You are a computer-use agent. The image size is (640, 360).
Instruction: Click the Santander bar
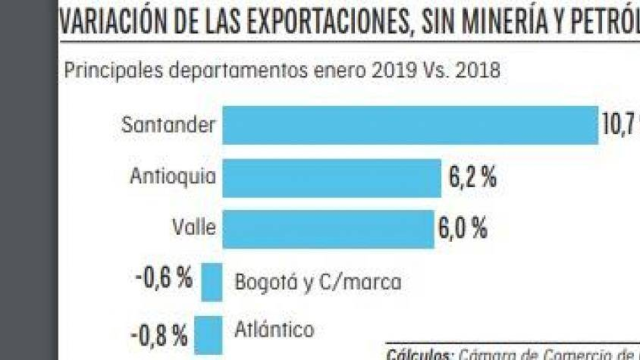pyautogui.click(x=410, y=125)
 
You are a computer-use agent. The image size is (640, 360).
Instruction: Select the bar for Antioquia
pyautogui.click(x=331, y=178)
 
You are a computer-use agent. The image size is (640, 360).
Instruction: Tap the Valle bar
pyautogui.click(x=328, y=229)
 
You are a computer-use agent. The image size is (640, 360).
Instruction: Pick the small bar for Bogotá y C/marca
pyautogui.click(x=212, y=282)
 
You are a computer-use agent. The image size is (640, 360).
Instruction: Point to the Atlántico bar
pyautogui.click(x=208, y=335)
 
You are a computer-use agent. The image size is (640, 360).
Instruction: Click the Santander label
pyautogui.click(x=169, y=125)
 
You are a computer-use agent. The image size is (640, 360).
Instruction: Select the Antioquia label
pyautogui.click(x=173, y=177)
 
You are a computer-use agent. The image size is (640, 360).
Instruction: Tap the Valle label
pyautogui.click(x=194, y=228)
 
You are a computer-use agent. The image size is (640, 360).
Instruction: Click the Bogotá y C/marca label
pyautogui.click(x=318, y=282)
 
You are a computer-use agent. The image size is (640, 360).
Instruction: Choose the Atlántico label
pyautogui.click(x=274, y=330)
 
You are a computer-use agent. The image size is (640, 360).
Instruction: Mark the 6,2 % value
pyautogui.click(x=473, y=178)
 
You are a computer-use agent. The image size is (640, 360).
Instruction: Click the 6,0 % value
pyautogui.click(x=463, y=229)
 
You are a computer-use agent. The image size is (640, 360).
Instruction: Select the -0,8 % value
pyautogui.click(x=159, y=335)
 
